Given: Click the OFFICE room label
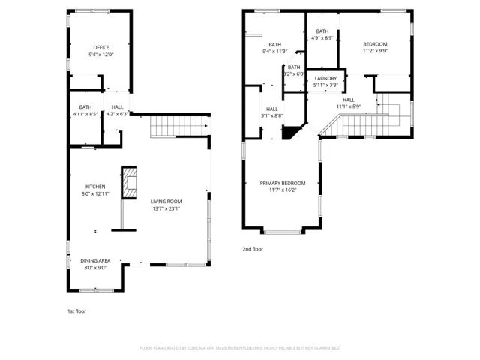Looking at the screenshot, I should (x=100, y=47).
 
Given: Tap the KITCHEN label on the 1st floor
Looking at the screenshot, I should (x=94, y=187).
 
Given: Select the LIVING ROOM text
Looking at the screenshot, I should (x=166, y=201).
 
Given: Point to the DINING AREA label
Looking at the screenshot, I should (x=95, y=260).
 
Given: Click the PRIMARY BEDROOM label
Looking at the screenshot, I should (x=282, y=183).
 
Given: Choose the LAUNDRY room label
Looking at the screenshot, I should (x=325, y=78).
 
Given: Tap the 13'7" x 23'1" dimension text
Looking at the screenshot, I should (x=166, y=210).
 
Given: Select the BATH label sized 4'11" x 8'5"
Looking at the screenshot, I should (x=85, y=107).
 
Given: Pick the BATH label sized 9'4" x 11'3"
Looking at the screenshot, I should (x=275, y=45).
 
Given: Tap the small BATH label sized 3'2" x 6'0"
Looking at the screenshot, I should (x=293, y=67).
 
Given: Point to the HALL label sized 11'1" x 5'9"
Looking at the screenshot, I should (x=349, y=100).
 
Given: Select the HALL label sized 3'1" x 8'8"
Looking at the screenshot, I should (x=272, y=109).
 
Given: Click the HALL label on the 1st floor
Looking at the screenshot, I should (x=118, y=107).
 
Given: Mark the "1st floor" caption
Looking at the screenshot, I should (x=77, y=310).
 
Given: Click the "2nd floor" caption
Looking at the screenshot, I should (x=252, y=248).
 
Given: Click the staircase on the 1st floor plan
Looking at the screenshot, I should (x=177, y=127).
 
